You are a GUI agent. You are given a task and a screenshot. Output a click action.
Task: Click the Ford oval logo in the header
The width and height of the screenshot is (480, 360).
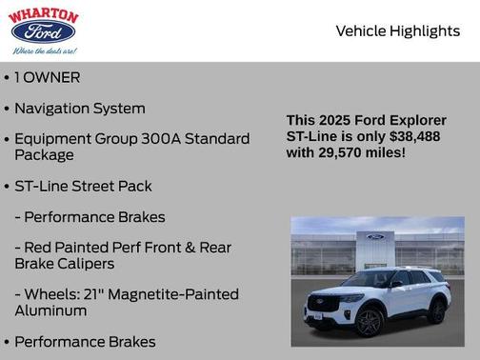43,31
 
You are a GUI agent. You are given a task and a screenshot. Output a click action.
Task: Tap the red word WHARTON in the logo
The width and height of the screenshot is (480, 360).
43,14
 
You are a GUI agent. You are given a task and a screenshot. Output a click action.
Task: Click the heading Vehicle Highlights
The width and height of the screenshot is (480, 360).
397,30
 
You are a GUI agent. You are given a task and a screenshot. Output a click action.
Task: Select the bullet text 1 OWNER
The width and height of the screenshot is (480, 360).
47,77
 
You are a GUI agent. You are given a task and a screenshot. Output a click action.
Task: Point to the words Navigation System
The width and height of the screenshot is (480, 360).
80,109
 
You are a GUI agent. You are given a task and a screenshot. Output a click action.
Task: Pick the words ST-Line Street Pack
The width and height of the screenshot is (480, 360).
83,186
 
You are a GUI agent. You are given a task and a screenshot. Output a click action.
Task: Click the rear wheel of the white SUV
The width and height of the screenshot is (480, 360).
437,311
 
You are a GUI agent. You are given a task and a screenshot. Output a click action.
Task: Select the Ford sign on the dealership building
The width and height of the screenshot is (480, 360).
374,237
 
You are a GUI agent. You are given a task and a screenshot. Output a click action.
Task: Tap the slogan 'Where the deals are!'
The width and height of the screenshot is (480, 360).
44,50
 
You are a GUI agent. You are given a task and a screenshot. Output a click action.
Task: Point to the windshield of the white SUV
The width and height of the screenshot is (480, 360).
372,279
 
